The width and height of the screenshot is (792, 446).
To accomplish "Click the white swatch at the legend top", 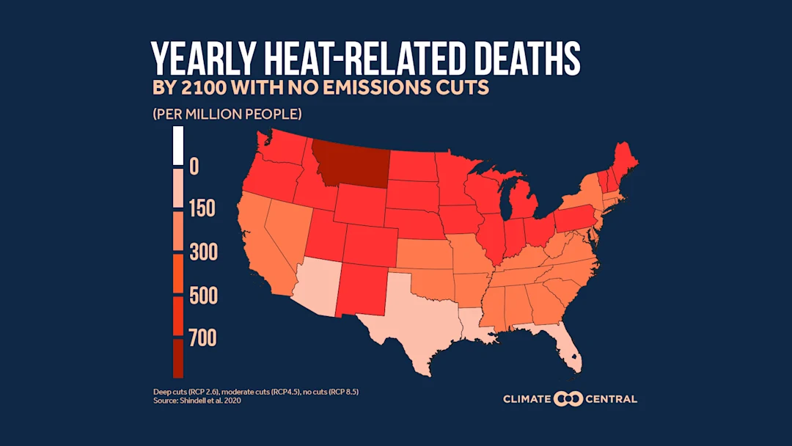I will [177, 145].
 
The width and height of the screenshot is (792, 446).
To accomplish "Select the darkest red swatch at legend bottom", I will [177, 358].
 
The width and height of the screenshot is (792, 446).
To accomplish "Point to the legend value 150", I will [202, 209].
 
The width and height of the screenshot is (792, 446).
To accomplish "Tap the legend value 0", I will [194, 167].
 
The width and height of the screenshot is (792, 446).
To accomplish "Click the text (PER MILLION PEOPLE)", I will [227, 114].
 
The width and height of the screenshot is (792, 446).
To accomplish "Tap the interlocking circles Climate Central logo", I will [568, 399].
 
